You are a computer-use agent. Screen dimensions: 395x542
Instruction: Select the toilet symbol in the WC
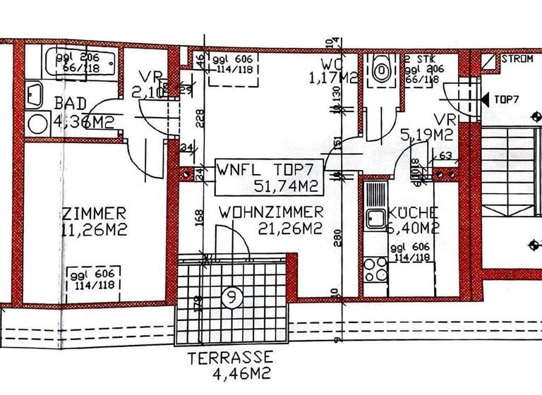382,70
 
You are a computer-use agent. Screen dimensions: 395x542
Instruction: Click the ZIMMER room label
94,213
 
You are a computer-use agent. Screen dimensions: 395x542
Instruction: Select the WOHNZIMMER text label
270,212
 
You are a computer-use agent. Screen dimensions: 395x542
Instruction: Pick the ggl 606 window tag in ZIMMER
94,279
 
